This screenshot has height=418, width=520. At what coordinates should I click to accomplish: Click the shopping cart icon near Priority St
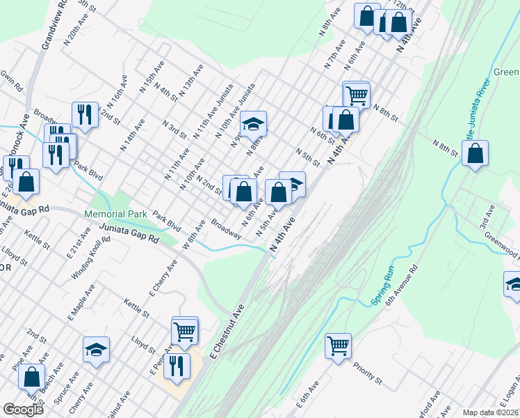(x=338, y=345)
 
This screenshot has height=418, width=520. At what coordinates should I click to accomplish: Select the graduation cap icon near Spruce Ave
(x=96, y=350)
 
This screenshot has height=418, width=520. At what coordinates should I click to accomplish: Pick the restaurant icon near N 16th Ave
(x=85, y=114)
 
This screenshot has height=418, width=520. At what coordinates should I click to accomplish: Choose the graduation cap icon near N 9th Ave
(x=254, y=125)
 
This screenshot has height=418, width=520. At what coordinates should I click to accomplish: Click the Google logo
(x=23, y=410)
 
